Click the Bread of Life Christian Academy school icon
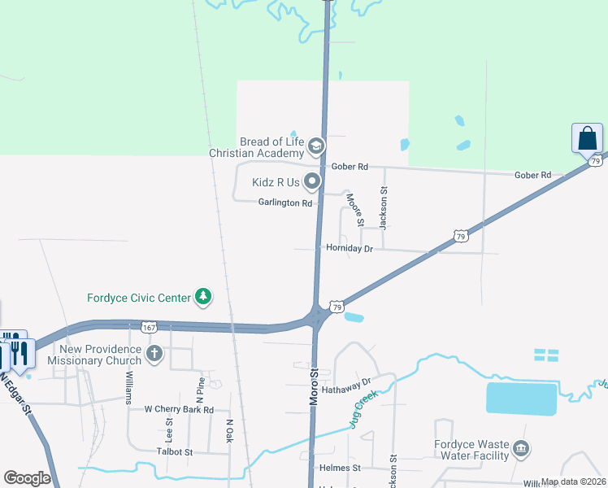[x=316, y=147]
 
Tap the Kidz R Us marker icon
[x=312, y=181]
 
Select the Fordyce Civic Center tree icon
[x=203, y=298]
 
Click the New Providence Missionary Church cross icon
[x=155, y=354]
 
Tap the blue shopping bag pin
[x=587, y=139]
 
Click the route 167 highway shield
[x=148, y=327]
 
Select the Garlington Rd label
[x=285, y=203]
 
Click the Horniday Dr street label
[x=349, y=248]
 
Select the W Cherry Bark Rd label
[x=179, y=410]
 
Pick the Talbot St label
[x=175, y=451]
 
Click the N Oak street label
[x=229, y=431]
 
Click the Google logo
[x=28, y=478]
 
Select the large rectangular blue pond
[x=521, y=399]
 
